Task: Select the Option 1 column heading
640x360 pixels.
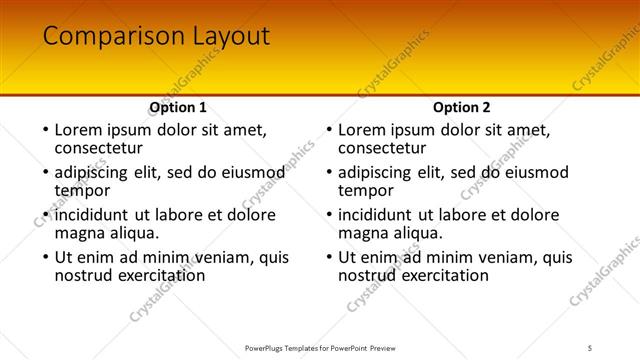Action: [178, 107]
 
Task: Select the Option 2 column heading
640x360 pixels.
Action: [462, 107]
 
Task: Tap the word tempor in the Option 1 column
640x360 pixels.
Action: [82, 191]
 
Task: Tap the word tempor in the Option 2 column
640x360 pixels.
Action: [366, 191]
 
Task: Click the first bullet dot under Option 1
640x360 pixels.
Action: [45, 130]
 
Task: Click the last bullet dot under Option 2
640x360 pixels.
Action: [329, 257]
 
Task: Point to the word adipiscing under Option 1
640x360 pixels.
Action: [96, 172]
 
